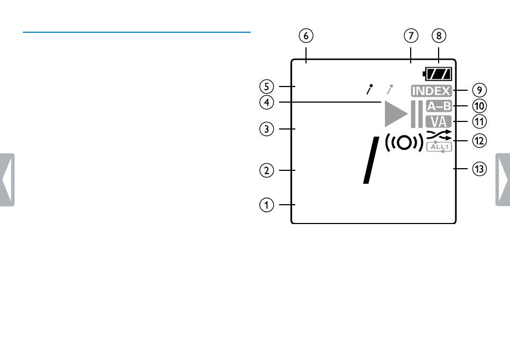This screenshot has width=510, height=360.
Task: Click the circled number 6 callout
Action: (306, 36)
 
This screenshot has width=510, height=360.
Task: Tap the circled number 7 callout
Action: (411, 36)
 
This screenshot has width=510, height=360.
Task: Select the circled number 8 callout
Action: (439, 36)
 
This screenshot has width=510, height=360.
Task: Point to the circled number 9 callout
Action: (479, 90)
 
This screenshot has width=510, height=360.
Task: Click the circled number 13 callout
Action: (479, 169)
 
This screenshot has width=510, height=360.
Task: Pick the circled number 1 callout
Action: (267, 205)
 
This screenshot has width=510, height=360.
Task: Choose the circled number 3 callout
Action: (267, 129)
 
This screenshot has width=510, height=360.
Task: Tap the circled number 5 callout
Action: (267, 87)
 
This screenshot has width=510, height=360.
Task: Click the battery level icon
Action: (438, 74)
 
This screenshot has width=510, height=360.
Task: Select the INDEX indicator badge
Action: (431, 91)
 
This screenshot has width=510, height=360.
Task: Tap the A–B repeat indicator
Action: (439, 106)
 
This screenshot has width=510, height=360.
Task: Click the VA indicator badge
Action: (439, 122)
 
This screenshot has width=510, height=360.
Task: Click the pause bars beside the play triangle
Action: (417, 114)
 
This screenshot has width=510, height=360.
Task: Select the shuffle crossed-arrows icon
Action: (439, 135)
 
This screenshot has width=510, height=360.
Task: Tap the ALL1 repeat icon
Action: (439, 147)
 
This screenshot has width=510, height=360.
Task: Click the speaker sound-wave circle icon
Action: (404, 142)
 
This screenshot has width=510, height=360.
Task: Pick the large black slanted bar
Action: (371, 160)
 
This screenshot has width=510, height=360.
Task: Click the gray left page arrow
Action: (7, 179)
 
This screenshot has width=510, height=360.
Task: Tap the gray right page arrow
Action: (503, 179)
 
